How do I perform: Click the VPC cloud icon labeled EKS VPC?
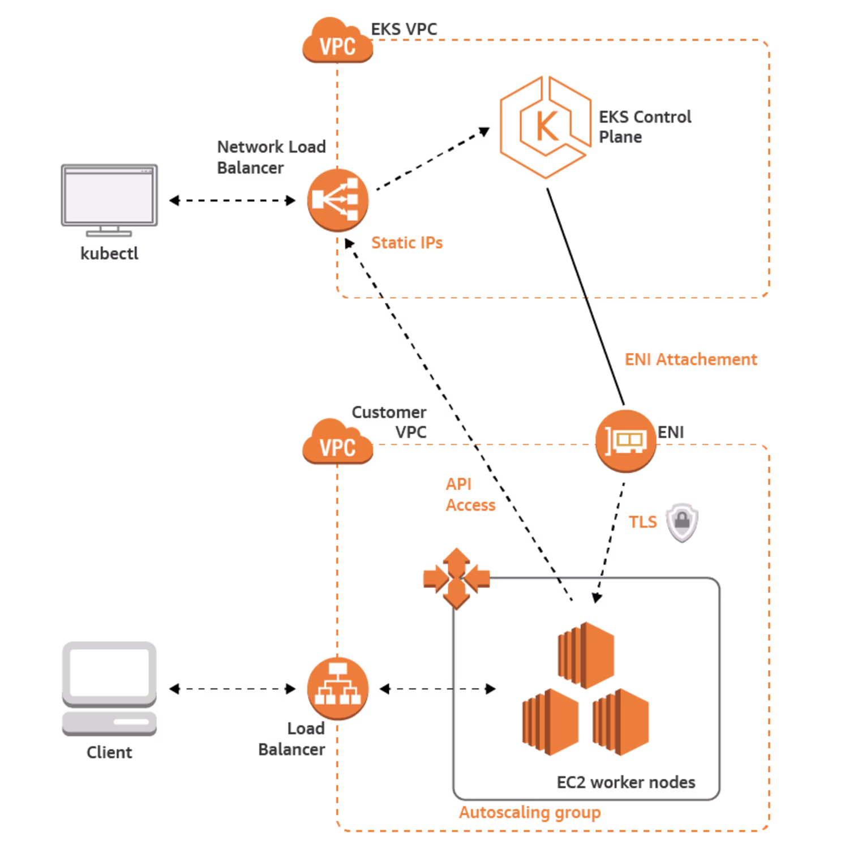(337, 44)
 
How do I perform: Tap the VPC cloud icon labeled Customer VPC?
(337, 445)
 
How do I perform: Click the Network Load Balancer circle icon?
(338, 200)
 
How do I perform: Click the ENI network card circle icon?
(625, 441)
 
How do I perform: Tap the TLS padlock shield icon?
(681, 522)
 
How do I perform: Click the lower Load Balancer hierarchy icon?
(338, 688)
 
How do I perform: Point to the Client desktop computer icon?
(109, 688)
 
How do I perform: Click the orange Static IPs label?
(407, 243)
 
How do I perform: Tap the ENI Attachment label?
(691, 359)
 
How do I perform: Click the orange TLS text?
(643, 521)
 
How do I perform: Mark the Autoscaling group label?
(529, 813)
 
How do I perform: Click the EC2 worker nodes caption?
(625, 783)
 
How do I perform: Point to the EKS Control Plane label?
(644, 127)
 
